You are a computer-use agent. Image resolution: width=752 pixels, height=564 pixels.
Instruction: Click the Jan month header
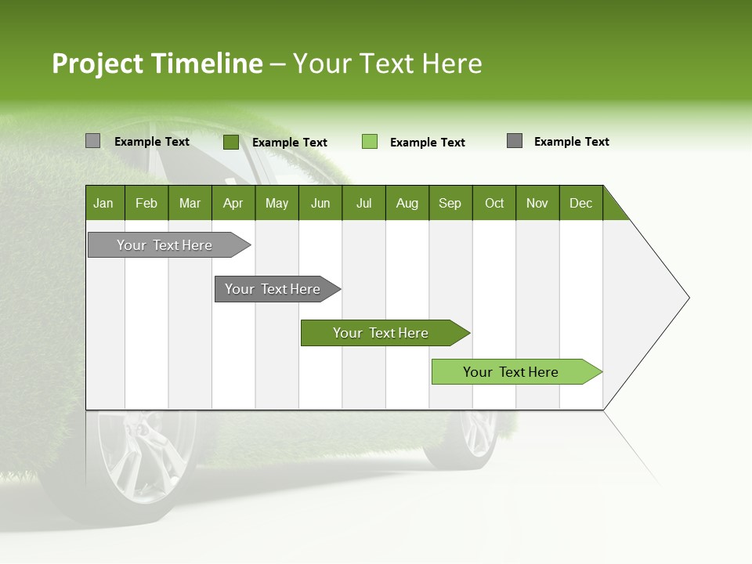(103, 203)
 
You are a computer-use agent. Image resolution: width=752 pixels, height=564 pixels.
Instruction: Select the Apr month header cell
(233, 203)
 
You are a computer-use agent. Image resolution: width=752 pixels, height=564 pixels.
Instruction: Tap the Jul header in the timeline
(363, 203)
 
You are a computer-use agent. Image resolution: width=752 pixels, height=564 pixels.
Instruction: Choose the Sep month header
(450, 203)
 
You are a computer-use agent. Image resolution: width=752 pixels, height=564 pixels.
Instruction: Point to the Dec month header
(580, 203)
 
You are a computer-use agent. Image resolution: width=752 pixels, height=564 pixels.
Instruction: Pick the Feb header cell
(146, 203)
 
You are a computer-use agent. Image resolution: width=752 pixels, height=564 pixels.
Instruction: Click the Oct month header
(494, 203)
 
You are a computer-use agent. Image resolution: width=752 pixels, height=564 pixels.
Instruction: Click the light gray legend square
(92, 141)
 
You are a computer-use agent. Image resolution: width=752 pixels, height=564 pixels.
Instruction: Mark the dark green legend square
(231, 142)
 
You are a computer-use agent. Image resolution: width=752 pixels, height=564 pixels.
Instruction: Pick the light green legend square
(370, 142)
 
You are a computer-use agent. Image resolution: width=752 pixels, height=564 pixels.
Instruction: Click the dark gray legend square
(515, 141)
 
